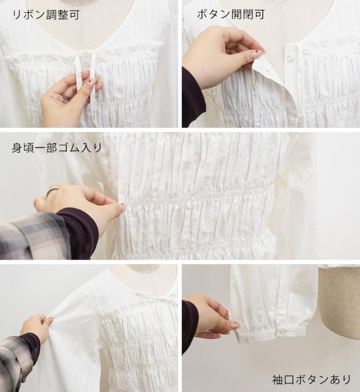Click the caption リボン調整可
pyautogui.click(x=46, y=15)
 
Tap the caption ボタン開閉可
pyautogui.click(x=231, y=14)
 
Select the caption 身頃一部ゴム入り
pyautogui.click(x=57, y=148)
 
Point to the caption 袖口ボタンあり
pyautogui.click(x=311, y=380)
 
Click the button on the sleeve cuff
pyautogui.click(x=283, y=332)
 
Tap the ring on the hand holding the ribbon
pyautogui.click(x=66, y=96)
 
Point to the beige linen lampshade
pyautogui.click(x=339, y=302)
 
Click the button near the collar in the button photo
pyautogui.click(x=291, y=59)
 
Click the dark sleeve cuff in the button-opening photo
pyautogui.click(x=193, y=97)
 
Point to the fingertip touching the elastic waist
pyautogui.click(x=122, y=207)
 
